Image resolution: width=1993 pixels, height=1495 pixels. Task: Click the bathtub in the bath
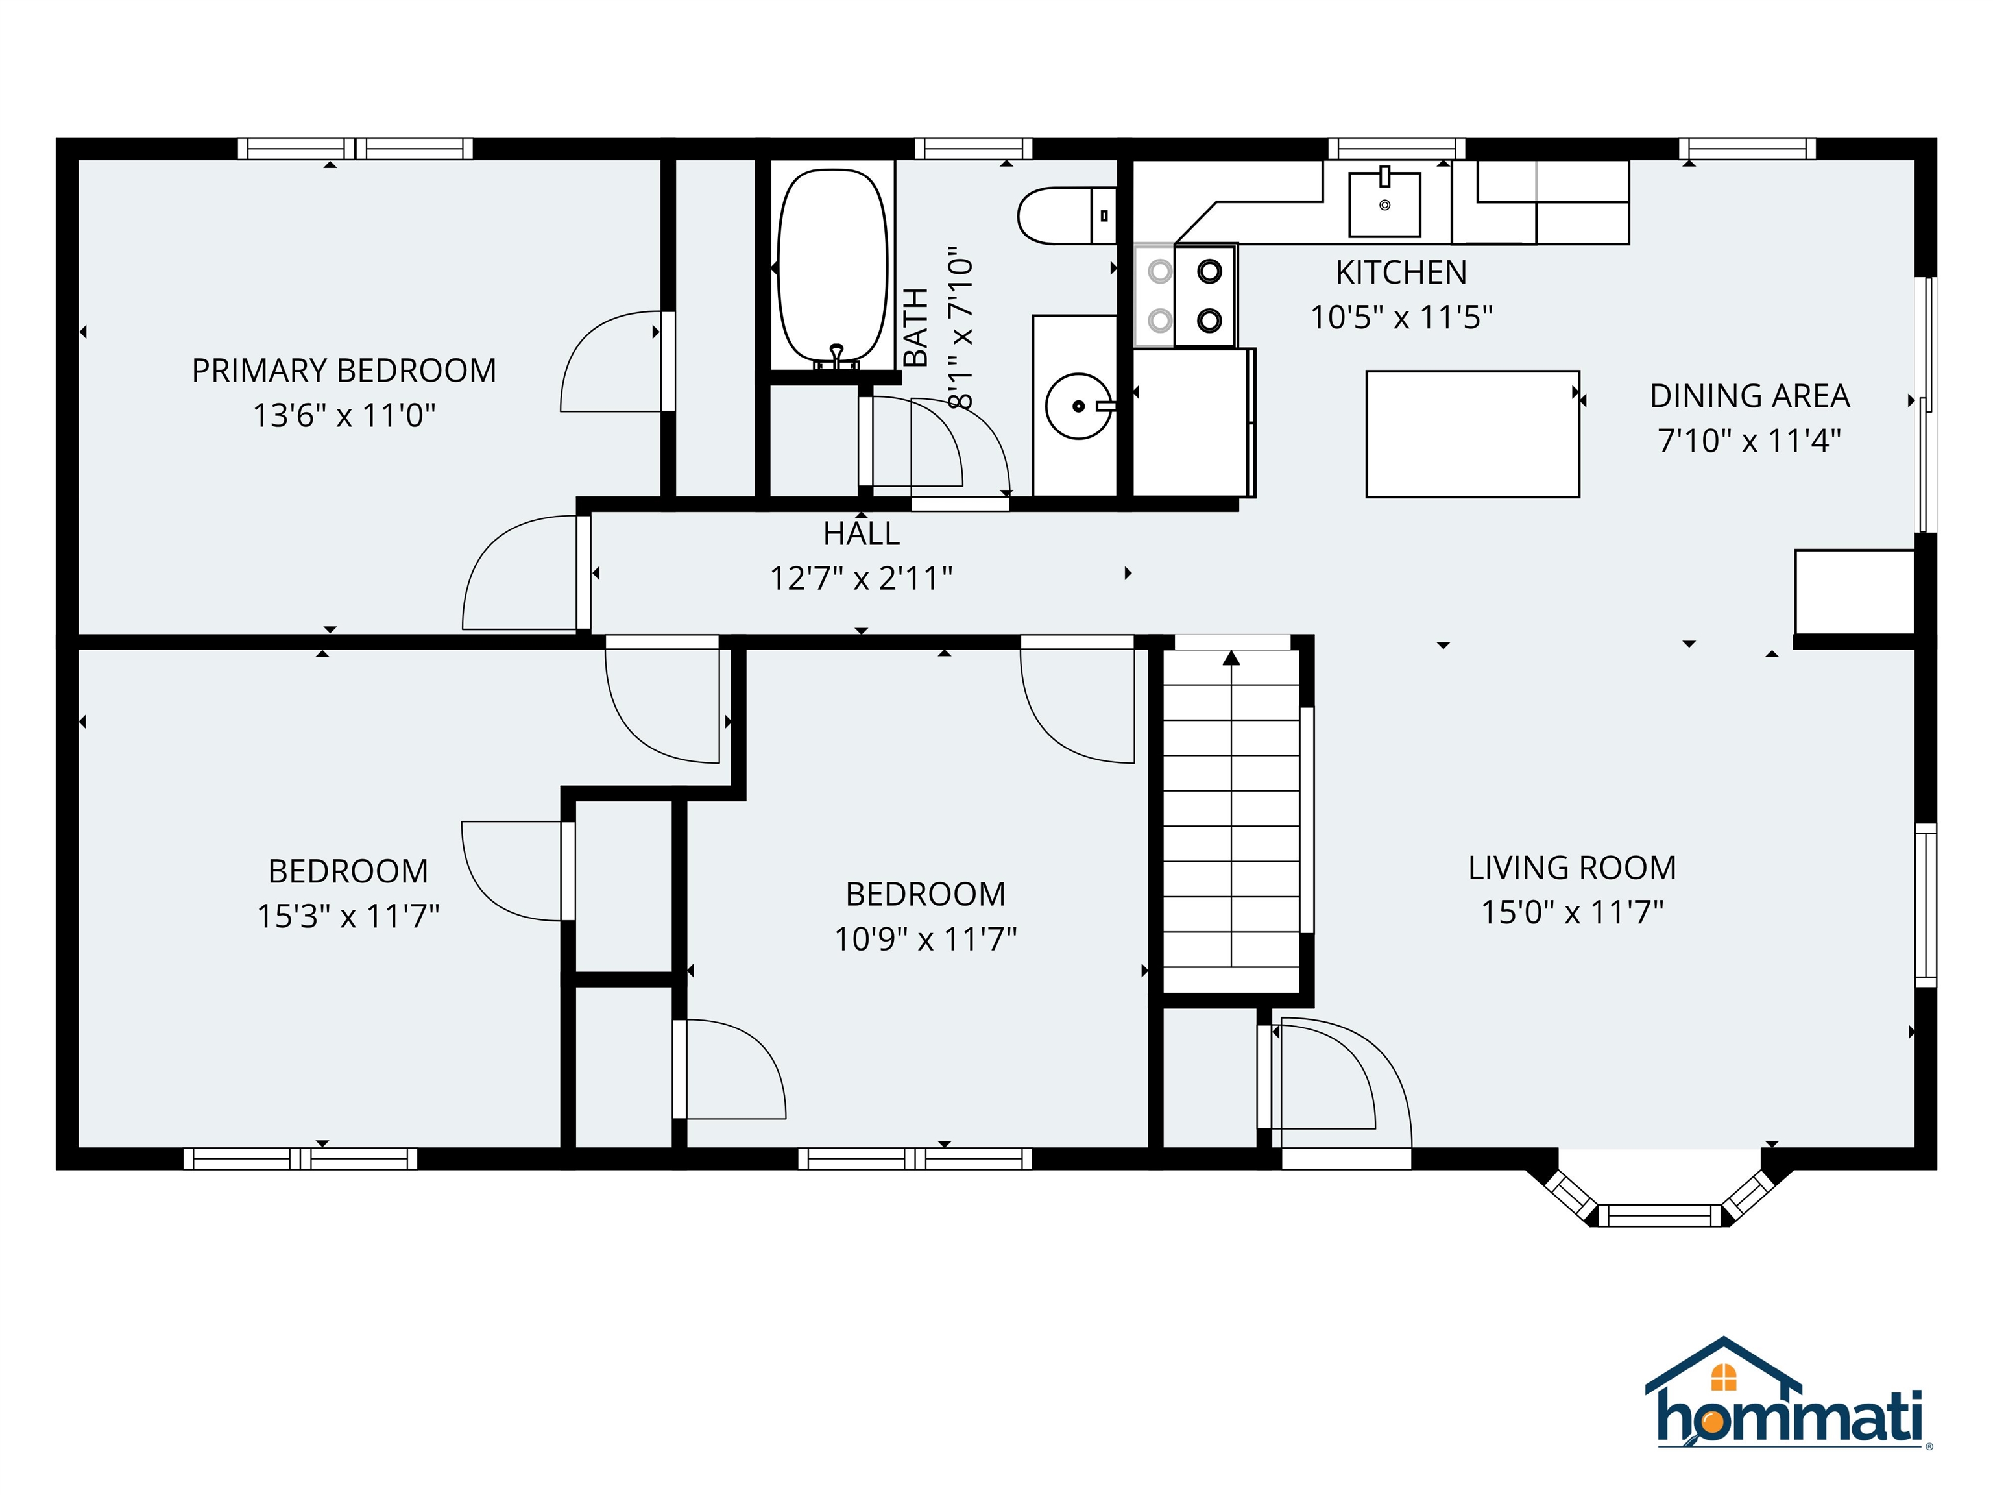click(832, 267)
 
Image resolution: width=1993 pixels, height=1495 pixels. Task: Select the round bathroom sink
click(1078, 406)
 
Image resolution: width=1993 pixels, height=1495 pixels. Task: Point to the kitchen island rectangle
click(1472, 433)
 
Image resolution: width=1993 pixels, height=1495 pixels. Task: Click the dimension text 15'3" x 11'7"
click(348, 916)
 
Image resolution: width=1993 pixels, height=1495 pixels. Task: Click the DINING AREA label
click(1749, 396)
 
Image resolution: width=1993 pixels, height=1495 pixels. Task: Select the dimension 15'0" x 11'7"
click(1572, 912)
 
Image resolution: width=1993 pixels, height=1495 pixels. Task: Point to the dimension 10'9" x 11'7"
click(925, 939)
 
